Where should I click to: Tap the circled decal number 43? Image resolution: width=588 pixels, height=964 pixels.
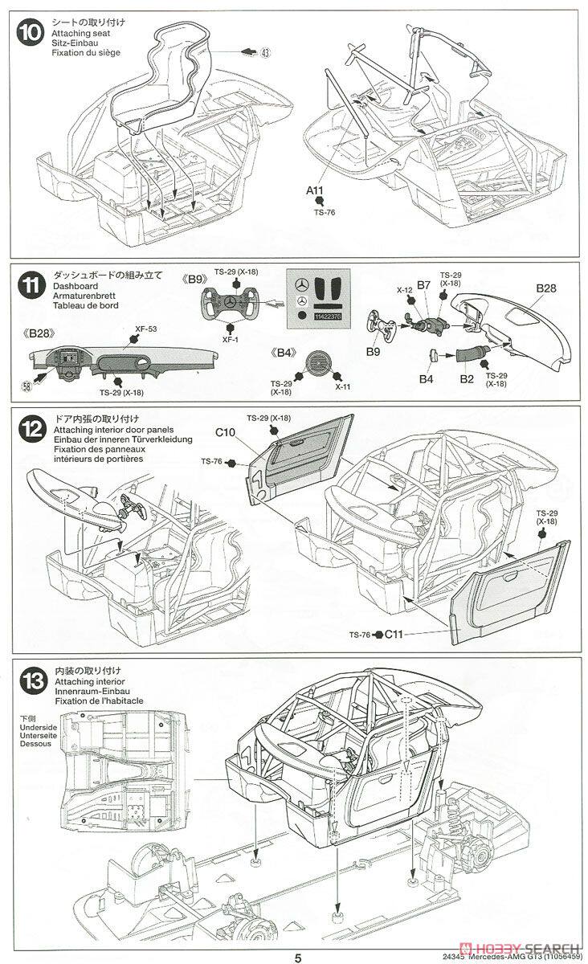266,51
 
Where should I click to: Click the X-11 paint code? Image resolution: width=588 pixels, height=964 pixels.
343,386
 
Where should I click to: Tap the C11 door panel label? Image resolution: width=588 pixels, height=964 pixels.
394,635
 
